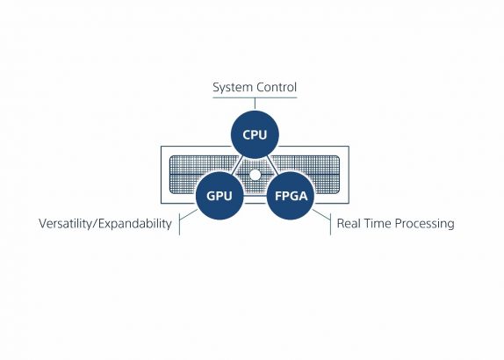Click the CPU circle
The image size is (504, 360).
255,134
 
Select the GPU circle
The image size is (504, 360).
220,196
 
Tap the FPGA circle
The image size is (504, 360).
291,196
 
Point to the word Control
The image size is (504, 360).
277,87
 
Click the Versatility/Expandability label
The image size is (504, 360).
105,224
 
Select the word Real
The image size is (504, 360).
348,223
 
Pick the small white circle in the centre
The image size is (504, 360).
255,175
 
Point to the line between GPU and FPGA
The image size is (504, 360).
256,196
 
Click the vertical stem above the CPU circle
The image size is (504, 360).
255,104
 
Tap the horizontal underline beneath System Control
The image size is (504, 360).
255,97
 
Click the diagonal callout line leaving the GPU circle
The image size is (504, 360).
189,214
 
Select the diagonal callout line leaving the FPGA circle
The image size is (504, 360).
321,214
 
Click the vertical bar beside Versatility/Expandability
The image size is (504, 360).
179,224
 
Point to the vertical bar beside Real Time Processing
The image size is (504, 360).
330,224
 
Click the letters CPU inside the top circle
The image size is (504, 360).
255,134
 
